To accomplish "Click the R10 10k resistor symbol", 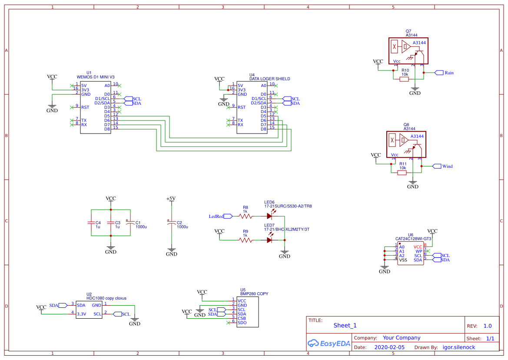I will pyautogui.click(x=405, y=79).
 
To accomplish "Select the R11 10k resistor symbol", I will pyautogui.click(x=402, y=173).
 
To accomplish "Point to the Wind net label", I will pyautogui.click(x=447, y=166).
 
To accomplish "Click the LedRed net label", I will pyautogui.click(x=216, y=216).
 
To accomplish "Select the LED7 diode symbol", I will pyautogui.click(x=270, y=240).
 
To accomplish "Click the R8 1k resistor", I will pyautogui.click(x=246, y=216).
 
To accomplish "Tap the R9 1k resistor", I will pyautogui.click(x=246, y=240).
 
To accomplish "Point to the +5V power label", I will pyautogui.click(x=171, y=199).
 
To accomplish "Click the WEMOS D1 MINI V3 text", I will pyautogui.click(x=95, y=77).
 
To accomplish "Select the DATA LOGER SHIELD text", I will pyautogui.click(x=269, y=79).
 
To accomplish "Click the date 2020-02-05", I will pyautogui.click(x=389, y=347).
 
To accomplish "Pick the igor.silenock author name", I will pyautogui.click(x=458, y=347).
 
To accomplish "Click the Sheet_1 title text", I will pyautogui.click(x=345, y=325).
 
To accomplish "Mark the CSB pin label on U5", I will pyautogui.click(x=242, y=318).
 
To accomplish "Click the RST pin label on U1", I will pyautogui.click(x=85, y=107).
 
